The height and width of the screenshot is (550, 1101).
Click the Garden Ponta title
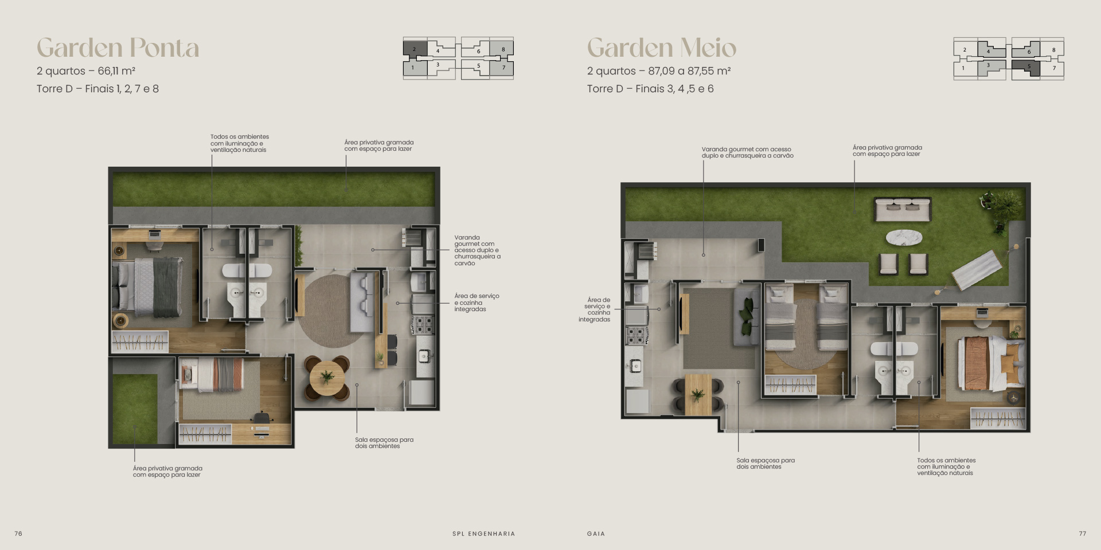(x=118, y=48)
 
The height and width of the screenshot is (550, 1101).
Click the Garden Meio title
(x=662, y=48)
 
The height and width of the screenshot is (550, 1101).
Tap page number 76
(x=18, y=533)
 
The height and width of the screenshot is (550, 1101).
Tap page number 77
(x=1083, y=533)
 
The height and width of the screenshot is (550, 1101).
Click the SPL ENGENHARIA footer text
(x=483, y=533)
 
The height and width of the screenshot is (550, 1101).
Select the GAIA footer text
(x=596, y=533)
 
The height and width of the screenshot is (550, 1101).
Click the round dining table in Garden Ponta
(x=327, y=378)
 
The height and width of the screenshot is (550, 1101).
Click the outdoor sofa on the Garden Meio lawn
(x=903, y=209)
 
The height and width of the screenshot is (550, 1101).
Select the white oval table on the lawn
(x=904, y=237)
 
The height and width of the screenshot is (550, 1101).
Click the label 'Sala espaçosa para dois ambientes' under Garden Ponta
(x=384, y=443)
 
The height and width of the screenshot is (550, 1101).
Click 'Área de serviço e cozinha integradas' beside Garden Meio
(x=595, y=309)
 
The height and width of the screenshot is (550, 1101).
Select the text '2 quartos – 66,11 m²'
(x=86, y=71)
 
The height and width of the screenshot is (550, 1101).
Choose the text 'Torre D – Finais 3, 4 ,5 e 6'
(x=650, y=89)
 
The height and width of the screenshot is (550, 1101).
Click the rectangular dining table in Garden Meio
(x=698, y=394)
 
